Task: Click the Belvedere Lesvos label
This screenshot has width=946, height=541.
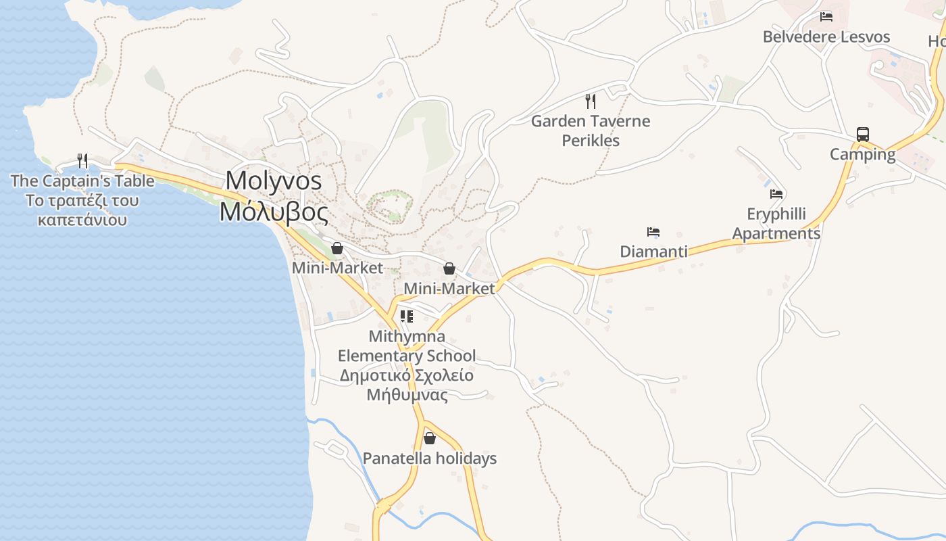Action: point(826,37)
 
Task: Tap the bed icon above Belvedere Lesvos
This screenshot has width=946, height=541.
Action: point(826,17)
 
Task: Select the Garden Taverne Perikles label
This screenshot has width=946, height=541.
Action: point(591,131)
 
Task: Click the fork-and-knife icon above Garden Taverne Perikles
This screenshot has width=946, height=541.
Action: point(591,101)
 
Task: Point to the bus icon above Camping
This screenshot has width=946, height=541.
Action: point(863,134)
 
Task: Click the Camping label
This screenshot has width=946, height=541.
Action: point(863,154)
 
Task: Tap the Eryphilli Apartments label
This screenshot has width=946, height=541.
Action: point(776,224)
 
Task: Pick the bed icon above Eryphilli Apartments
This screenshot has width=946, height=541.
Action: point(776,194)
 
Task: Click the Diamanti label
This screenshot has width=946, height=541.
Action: point(653,252)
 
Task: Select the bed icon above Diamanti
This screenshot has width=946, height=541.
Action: point(653,232)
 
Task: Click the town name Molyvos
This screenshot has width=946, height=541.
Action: point(274,181)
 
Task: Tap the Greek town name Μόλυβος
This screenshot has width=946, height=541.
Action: point(274,212)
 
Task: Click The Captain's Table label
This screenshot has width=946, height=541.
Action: point(82,181)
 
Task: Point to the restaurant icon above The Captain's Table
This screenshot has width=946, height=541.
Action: point(82,160)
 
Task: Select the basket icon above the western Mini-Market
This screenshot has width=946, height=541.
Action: point(337,248)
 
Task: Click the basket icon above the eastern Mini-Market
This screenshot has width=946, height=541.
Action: point(449,269)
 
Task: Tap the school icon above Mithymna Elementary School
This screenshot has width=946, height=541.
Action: point(407,316)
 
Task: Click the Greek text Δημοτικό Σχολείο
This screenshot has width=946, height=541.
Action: point(406,375)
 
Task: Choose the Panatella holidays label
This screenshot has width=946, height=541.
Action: point(430,458)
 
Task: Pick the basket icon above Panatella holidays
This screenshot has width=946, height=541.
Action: point(430,439)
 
